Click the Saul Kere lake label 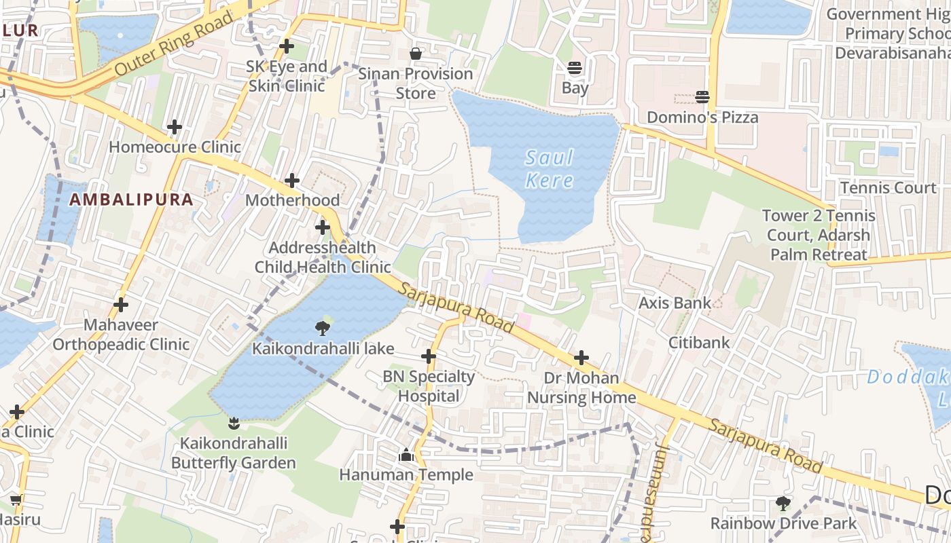[550, 169]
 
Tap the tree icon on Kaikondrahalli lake [323, 329]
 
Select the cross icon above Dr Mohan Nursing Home [581, 358]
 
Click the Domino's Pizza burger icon [702, 97]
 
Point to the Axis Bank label [675, 303]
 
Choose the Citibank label [699, 342]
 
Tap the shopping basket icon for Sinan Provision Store [415, 54]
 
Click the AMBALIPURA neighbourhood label [132, 200]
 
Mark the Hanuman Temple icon [406, 455]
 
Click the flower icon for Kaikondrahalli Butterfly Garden [234, 424]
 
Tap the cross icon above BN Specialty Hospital [429, 356]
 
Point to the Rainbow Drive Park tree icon [783, 503]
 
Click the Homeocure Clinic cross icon [175, 127]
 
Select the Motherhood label [292, 200]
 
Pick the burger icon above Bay [575, 68]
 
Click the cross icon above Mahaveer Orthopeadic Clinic [121, 305]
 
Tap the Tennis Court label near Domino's [888, 187]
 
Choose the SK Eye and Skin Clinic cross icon [287, 46]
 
